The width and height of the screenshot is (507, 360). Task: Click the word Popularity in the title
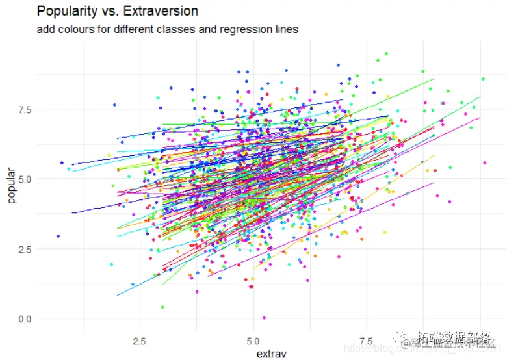tap(63, 12)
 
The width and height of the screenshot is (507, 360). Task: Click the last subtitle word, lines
tap(285, 29)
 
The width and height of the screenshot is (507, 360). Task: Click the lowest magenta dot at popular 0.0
tap(264, 318)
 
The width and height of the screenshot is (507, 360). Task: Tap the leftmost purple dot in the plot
tap(58, 236)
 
